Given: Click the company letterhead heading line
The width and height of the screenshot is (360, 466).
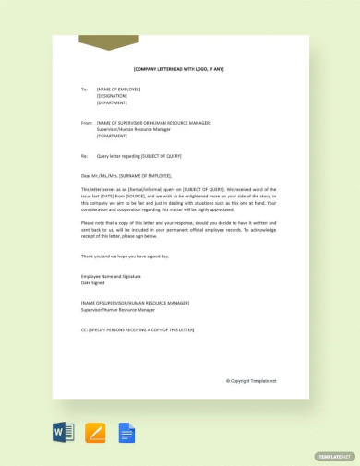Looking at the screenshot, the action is tap(178, 69).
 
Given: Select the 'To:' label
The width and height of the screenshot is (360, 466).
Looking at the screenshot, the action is tap(84, 89).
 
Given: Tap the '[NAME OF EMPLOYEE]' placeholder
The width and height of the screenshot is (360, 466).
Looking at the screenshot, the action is tap(118, 89).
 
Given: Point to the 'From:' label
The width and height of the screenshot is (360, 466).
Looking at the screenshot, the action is tap(87, 122).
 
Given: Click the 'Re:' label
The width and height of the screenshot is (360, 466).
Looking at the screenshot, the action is tap(84, 155).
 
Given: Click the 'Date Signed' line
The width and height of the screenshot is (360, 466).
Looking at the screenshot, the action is tap(96, 282).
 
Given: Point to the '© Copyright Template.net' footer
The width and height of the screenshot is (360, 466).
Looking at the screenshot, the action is tap(251, 380).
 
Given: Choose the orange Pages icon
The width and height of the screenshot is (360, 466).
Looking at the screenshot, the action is tap(95, 431).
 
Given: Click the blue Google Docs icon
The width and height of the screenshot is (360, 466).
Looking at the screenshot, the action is tap(126, 431).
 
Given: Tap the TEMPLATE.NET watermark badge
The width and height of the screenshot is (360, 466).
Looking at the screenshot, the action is tap(334, 456).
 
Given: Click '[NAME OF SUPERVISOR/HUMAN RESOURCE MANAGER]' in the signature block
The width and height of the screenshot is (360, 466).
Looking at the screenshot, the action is tap(135, 303).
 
